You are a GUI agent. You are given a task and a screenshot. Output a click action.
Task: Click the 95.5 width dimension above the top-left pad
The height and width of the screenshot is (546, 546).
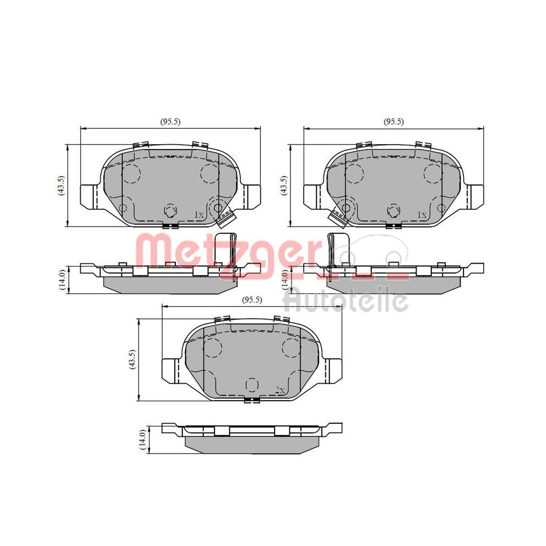(x=170, y=122)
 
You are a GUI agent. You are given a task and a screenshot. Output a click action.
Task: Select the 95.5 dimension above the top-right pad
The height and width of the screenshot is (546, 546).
(x=394, y=122)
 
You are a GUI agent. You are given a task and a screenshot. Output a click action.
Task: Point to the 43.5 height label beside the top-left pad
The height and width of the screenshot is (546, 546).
(x=62, y=185)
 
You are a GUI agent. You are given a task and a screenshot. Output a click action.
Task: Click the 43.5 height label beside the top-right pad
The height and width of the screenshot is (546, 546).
(x=283, y=185)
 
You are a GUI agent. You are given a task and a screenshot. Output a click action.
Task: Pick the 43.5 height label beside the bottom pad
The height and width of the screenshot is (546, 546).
(x=132, y=359)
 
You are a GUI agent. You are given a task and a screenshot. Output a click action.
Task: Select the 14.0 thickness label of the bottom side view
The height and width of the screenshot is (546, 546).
(x=143, y=440)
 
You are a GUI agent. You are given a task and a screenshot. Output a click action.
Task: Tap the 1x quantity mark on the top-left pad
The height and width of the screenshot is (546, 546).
(x=199, y=216)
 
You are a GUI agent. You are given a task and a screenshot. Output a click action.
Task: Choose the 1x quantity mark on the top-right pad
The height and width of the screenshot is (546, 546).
(x=421, y=215)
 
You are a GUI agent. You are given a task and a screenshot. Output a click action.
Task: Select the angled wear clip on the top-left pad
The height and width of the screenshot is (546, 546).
(x=225, y=218)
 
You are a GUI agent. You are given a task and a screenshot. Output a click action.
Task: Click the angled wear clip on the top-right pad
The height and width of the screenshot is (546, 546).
(x=339, y=217)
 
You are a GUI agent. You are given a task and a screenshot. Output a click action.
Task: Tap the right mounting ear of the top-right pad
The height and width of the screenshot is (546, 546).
(x=474, y=195)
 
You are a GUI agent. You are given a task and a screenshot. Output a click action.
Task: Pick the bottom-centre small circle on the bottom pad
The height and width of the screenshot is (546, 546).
(x=252, y=385)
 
